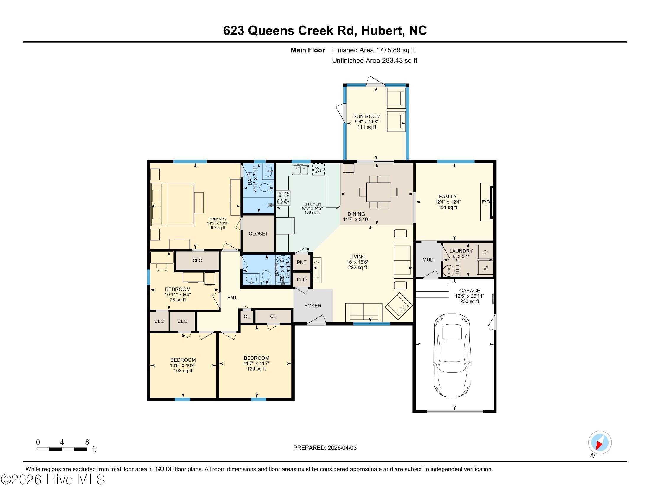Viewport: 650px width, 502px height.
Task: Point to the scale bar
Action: coord(62,449)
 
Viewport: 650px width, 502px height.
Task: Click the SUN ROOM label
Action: coord(367,116)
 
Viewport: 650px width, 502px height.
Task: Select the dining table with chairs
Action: coord(378,192)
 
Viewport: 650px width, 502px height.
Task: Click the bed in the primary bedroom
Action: coord(173,204)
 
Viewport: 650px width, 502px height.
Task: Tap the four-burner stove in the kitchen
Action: coord(283,198)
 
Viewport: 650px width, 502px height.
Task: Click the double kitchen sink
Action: coord(300,169)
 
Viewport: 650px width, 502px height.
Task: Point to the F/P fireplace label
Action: coord(486,202)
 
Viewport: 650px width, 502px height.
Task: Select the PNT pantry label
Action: coord(301,262)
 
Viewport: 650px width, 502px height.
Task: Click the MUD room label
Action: coord(428,260)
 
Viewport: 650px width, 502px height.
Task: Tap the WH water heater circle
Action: coord(449,271)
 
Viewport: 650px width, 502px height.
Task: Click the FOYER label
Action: coord(313,306)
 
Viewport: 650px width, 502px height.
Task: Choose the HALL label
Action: coord(233,298)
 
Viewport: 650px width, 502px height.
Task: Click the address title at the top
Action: coord(325,30)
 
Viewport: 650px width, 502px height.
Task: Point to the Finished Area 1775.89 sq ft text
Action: coord(373,50)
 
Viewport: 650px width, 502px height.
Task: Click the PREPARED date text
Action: coord(325,448)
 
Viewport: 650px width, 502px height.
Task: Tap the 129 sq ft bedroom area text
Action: coord(256,369)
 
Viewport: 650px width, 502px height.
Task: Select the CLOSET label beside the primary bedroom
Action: coord(258,234)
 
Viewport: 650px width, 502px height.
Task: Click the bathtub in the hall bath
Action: coord(282,270)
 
